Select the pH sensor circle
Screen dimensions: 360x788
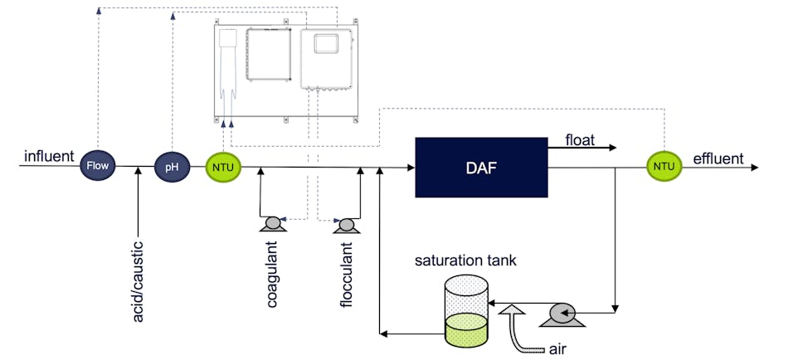pyautogui.click(x=172, y=167)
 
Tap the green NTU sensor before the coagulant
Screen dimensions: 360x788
pyautogui.click(x=223, y=168)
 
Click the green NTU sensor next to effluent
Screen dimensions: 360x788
pyautogui.click(x=664, y=167)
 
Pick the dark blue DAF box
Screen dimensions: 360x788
pyautogui.click(x=480, y=167)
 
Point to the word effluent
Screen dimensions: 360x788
pyautogui.click(x=718, y=158)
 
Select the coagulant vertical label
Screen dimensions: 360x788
pyautogui.click(x=272, y=275)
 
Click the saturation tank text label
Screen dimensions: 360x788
pyautogui.click(x=466, y=260)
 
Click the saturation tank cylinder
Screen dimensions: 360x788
pyautogui.click(x=465, y=310)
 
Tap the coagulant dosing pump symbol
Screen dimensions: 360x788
pyautogui.click(x=271, y=224)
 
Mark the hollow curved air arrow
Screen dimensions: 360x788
pyautogui.click(x=519, y=328)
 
